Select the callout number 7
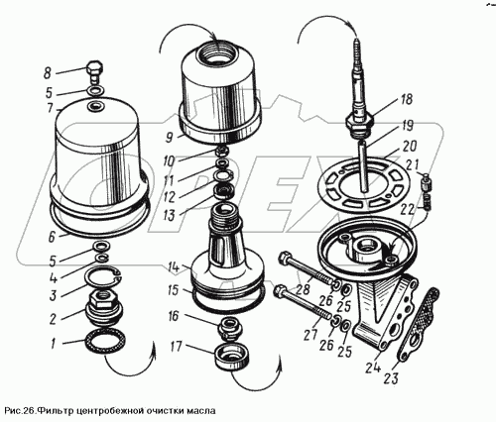[51, 107]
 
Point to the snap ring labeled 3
[103, 279]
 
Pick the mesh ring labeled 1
[104, 343]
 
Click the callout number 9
[170, 137]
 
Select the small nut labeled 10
[221, 152]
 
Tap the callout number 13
[169, 216]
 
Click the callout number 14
[175, 266]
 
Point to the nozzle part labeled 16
[229, 328]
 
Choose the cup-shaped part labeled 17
[231, 357]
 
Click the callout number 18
[406, 99]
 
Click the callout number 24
[374, 367]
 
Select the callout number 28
[303, 289]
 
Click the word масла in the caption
[201, 411]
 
